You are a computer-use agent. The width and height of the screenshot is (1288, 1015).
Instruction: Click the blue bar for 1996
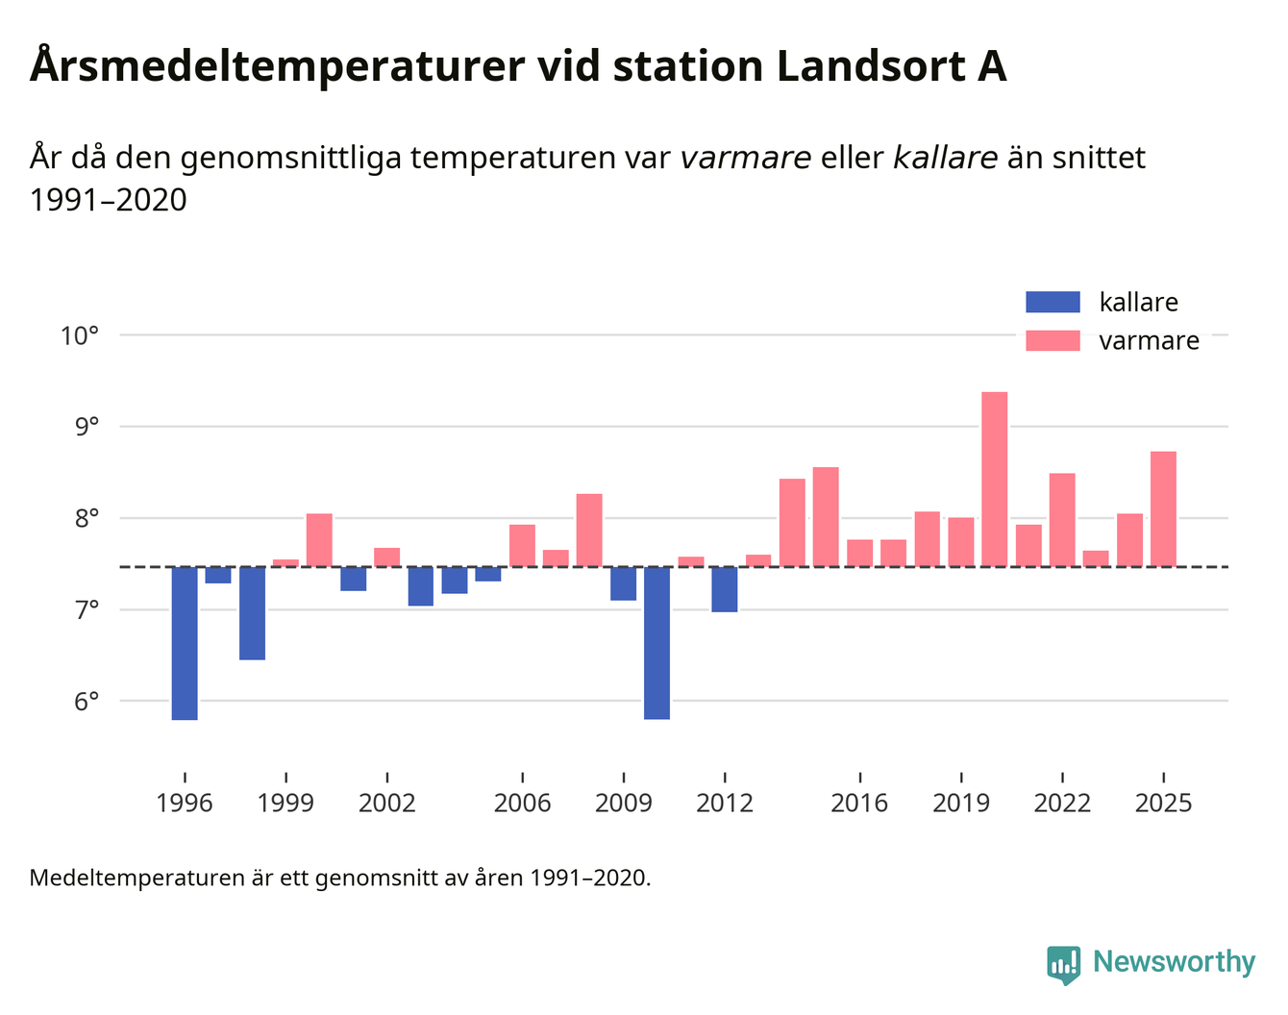[185, 643]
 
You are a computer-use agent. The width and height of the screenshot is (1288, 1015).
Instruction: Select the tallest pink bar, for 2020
[995, 479]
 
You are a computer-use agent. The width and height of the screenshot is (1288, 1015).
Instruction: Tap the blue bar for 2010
[656, 643]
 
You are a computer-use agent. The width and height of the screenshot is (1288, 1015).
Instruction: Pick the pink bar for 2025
[1163, 508]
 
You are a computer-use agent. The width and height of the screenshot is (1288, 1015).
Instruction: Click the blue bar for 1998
[252, 613]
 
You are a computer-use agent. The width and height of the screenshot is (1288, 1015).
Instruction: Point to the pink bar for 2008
[589, 530]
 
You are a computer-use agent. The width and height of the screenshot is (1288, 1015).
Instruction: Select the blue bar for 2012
[725, 589]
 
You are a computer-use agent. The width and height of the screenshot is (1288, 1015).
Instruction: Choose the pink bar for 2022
[1062, 519]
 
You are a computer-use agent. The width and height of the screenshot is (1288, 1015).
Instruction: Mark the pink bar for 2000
[319, 540]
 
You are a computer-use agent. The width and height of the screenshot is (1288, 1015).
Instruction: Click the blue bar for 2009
[623, 583]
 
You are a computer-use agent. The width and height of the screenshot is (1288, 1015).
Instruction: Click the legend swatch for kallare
[1053, 302]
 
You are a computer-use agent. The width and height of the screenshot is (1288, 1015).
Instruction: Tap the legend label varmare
[1149, 341]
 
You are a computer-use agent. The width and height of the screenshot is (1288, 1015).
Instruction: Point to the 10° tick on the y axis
[80, 335]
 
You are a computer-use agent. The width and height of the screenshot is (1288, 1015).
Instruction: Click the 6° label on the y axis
[87, 702]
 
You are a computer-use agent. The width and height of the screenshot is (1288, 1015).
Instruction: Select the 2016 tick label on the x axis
[859, 804]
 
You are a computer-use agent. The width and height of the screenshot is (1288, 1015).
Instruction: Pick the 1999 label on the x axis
[285, 804]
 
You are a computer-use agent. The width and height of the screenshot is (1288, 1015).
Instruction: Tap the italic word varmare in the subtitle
[745, 158]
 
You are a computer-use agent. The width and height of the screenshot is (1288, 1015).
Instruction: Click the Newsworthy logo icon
[1063, 964]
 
